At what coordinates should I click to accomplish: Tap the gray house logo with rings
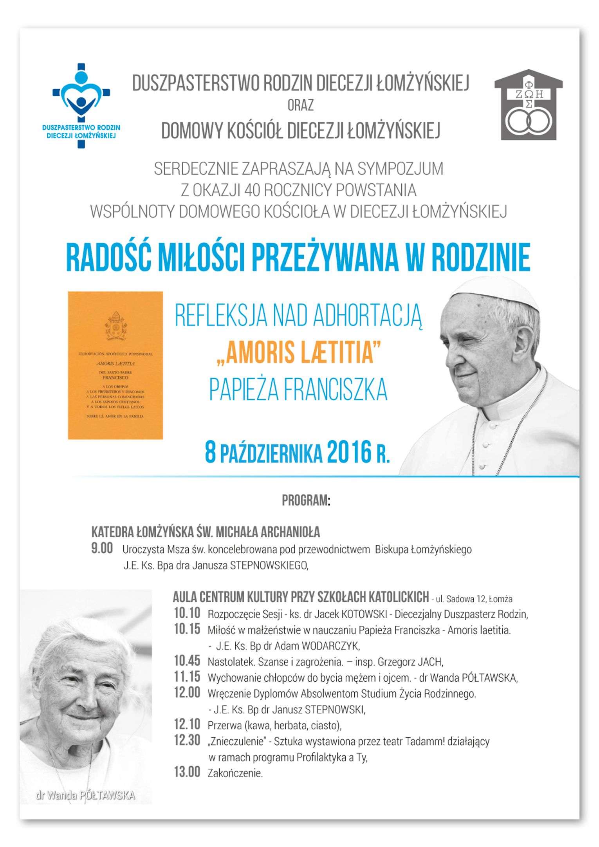point(529,105)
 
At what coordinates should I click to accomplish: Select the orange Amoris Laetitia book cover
point(115,365)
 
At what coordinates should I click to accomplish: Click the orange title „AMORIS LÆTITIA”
point(299,352)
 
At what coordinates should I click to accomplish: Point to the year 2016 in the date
point(349,453)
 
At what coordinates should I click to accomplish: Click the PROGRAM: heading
point(306,500)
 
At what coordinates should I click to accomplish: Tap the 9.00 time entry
point(102,548)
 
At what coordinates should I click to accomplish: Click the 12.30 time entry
point(187,740)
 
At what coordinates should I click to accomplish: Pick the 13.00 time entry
point(187,772)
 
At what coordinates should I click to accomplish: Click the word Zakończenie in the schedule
point(235,773)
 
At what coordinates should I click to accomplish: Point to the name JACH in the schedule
point(430,662)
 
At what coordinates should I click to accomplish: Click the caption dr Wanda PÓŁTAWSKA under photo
point(85,795)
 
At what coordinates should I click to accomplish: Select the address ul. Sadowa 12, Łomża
point(474,599)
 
